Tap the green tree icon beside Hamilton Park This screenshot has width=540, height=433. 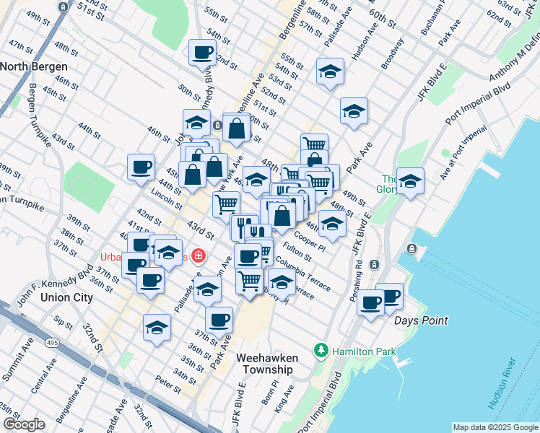tap(321, 351)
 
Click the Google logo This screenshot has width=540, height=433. tap(24, 424)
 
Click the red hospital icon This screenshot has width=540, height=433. tap(197, 256)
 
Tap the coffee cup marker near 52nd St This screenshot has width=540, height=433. tap(202, 52)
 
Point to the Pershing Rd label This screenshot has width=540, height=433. tap(360, 268)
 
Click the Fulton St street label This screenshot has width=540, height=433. tap(297, 251)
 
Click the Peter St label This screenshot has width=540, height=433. tap(167, 384)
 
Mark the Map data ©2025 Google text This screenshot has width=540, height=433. tap(495, 427)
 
